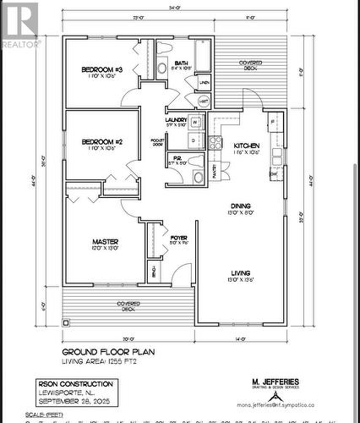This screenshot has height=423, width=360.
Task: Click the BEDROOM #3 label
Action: (102, 69)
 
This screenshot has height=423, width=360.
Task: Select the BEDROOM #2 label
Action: (102, 141)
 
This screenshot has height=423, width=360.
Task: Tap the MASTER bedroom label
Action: (105, 242)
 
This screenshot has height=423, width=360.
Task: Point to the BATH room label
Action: (182, 63)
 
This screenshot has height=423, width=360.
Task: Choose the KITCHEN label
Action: (248, 146)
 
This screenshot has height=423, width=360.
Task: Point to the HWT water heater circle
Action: (204, 101)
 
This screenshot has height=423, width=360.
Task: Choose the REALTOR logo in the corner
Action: (18, 25)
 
